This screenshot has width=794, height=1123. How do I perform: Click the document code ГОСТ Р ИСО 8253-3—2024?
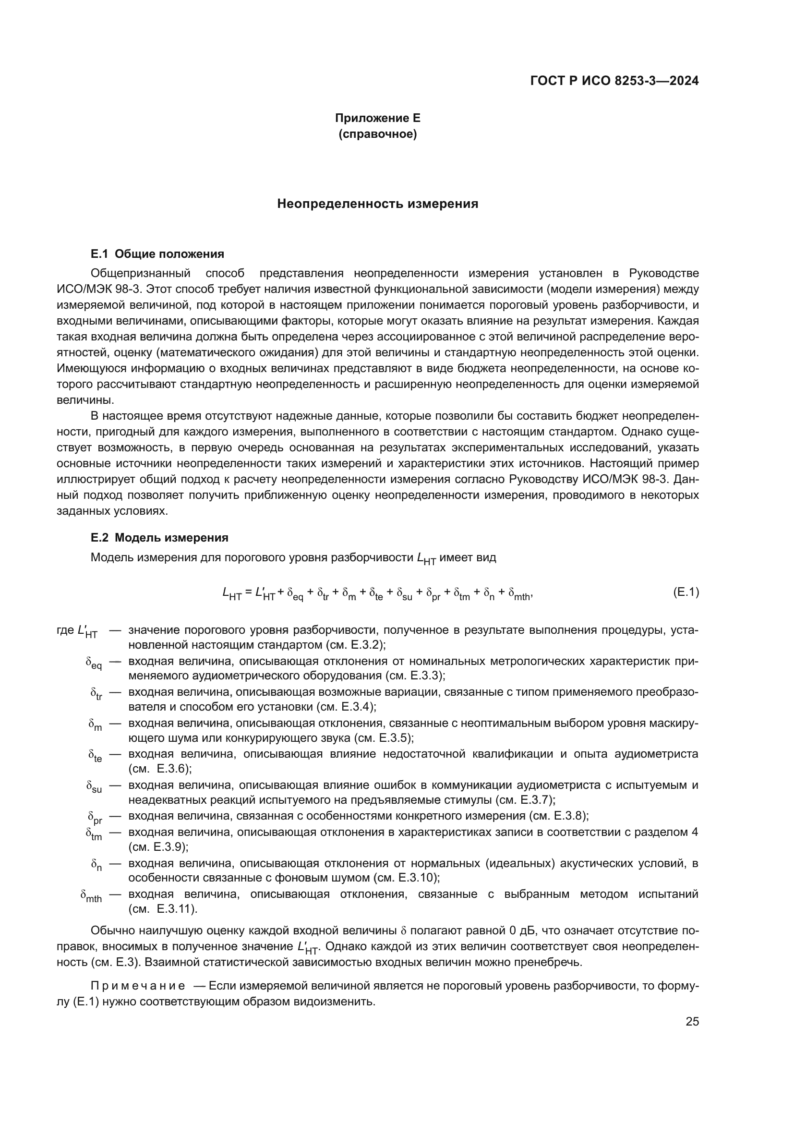[x=614, y=81]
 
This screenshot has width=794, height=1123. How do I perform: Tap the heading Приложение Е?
[x=377, y=118]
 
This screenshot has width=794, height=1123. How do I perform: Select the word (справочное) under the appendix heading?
[x=377, y=134]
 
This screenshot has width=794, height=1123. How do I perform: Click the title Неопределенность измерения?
[x=377, y=204]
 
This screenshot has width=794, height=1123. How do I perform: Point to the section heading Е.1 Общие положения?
[x=157, y=254]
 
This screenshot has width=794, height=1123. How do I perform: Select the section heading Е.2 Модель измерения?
[x=159, y=538]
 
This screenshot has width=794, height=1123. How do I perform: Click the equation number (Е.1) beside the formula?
[x=686, y=592]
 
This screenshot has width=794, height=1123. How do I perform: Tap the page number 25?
[x=692, y=1021]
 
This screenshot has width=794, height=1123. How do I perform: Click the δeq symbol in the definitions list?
[x=94, y=663]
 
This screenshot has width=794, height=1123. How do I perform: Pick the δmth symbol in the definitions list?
[x=91, y=896]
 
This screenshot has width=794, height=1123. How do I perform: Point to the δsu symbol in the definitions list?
[x=94, y=787]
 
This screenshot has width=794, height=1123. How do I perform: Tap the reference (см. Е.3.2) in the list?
[x=355, y=645]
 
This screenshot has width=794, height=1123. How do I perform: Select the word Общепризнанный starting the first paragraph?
[x=140, y=273]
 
